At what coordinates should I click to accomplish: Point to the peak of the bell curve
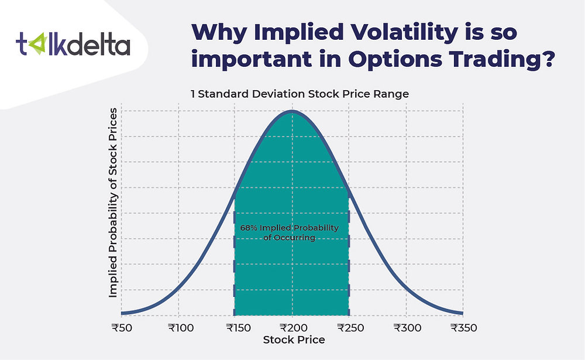(292, 111)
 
